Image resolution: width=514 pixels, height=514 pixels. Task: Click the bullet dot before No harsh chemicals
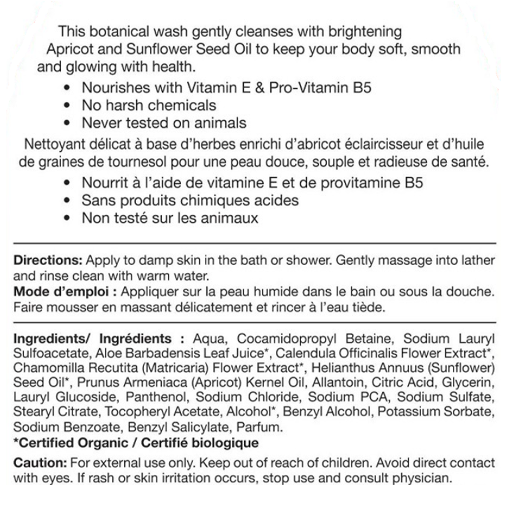[66, 105]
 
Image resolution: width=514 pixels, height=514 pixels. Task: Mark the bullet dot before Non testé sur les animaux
[66, 218]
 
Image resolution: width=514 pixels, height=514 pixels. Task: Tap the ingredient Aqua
[209, 338]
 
